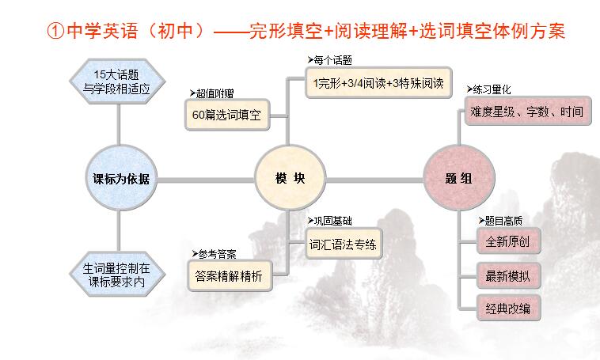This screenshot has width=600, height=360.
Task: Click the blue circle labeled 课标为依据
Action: pyautogui.click(x=121, y=178)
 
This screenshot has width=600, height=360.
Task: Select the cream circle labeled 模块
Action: pyautogui.click(x=290, y=178)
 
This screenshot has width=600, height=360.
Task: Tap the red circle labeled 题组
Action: pyautogui.click(x=459, y=178)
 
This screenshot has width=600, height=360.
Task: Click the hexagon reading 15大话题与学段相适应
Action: pyautogui.click(x=117, y=81)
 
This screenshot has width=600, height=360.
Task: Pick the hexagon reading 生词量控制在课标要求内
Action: pyautogui.click(x=117, y=275)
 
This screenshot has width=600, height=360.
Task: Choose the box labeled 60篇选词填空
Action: pyautogui.click(x=227, y=115)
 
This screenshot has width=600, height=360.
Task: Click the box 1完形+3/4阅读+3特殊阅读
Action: pyautogui.click(x=378, y=82)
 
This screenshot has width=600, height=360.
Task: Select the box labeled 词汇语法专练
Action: pyautogui.click(x=344, y=244)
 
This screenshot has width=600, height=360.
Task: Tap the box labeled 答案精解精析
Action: pyautogui.click(x=230, y=276)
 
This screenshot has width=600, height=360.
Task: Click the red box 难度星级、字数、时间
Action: pyautogui.click(x=528, y=112)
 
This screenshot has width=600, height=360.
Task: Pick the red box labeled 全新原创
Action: pyautogui.click(x=508, y=241)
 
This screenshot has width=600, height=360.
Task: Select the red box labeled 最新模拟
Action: pyautogui.click(x=508, y=275)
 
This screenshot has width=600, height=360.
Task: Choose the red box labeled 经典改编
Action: pyautogui.click(x=508, y=308)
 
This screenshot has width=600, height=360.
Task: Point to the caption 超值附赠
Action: pyautogui.click(x=211, y=93)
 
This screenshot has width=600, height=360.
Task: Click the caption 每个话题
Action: pyautogui.click(x=329, y=60)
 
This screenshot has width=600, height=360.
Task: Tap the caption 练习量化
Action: pyautogui.click(x=488, y=89)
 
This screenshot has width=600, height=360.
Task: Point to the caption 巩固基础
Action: pyautogui.click(x=329, y=221)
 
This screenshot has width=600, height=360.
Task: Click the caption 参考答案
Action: pyautogui.click(x=214, y=254)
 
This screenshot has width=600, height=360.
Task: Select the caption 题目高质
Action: pyautogui.click(x=500, y=221)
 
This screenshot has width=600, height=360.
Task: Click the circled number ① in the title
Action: pyautogui.click(x=55, y=31)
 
